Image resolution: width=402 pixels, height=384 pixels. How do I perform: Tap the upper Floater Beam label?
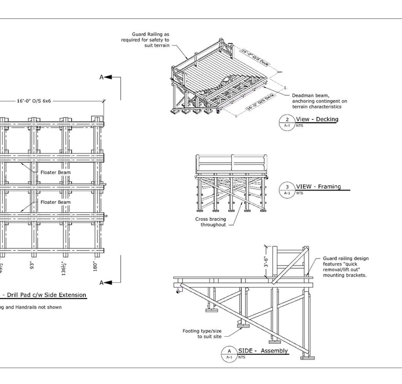[55, 171]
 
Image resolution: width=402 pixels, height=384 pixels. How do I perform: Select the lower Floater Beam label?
[55, 202]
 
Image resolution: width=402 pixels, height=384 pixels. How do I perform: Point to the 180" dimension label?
[95, 266]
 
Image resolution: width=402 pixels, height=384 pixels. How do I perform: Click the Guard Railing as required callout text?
[145, 40]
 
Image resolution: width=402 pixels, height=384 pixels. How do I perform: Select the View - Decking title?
[317, 119]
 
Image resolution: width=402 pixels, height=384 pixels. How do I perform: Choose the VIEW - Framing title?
[318, 186]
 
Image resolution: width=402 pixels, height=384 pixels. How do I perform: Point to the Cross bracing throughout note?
[210, 222]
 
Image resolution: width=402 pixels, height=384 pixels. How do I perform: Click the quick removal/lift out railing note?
[345, 266]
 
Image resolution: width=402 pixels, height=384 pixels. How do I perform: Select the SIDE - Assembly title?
[263, 350]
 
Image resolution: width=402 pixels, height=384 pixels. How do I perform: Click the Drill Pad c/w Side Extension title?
[45, 295]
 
